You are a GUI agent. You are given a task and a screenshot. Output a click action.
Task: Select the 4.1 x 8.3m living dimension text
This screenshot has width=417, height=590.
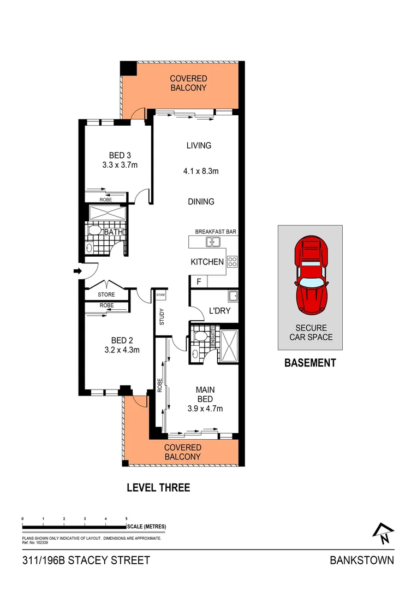coord(201,171)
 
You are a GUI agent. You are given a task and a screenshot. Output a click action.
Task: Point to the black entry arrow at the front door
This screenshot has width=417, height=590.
coord(77,270)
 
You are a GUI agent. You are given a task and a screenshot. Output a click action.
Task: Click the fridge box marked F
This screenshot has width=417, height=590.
coord(198,281)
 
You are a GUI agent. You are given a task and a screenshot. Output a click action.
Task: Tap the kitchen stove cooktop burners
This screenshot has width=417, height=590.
coord(232,262)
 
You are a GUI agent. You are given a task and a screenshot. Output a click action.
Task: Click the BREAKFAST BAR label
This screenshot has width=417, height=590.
coord(216,232)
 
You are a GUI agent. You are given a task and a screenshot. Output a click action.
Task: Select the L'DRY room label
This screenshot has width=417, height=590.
coord(219,311)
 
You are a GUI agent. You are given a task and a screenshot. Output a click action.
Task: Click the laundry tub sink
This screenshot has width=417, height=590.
coord(233,297)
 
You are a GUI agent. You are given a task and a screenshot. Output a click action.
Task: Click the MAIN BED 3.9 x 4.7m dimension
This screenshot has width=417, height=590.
coord(205,408)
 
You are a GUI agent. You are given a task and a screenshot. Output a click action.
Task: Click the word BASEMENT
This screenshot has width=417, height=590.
coord(310,363)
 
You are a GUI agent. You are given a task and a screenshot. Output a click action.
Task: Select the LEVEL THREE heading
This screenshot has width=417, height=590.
coord(158,487)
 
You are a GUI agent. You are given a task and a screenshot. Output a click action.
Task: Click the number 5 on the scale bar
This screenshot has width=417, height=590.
coord(127,518)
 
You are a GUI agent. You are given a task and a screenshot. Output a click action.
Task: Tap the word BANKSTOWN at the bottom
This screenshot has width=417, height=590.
coord(362,560)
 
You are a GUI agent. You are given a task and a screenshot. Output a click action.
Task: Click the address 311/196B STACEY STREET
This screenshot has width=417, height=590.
coord(86,560)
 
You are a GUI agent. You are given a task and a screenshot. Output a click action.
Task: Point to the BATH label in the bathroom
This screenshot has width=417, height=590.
coord(113,232)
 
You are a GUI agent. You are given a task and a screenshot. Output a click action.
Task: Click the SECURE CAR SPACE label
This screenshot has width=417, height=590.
coord(311,332)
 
